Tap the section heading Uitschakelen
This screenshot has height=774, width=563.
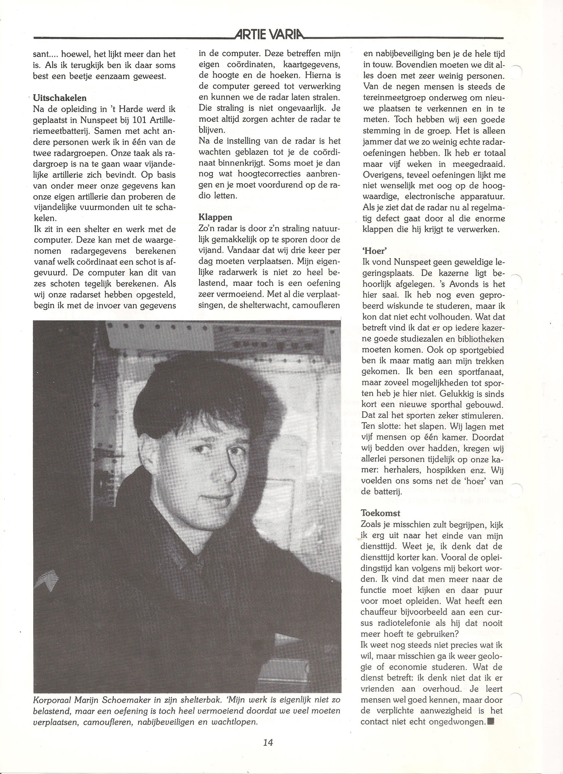[x=60, y=98]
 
